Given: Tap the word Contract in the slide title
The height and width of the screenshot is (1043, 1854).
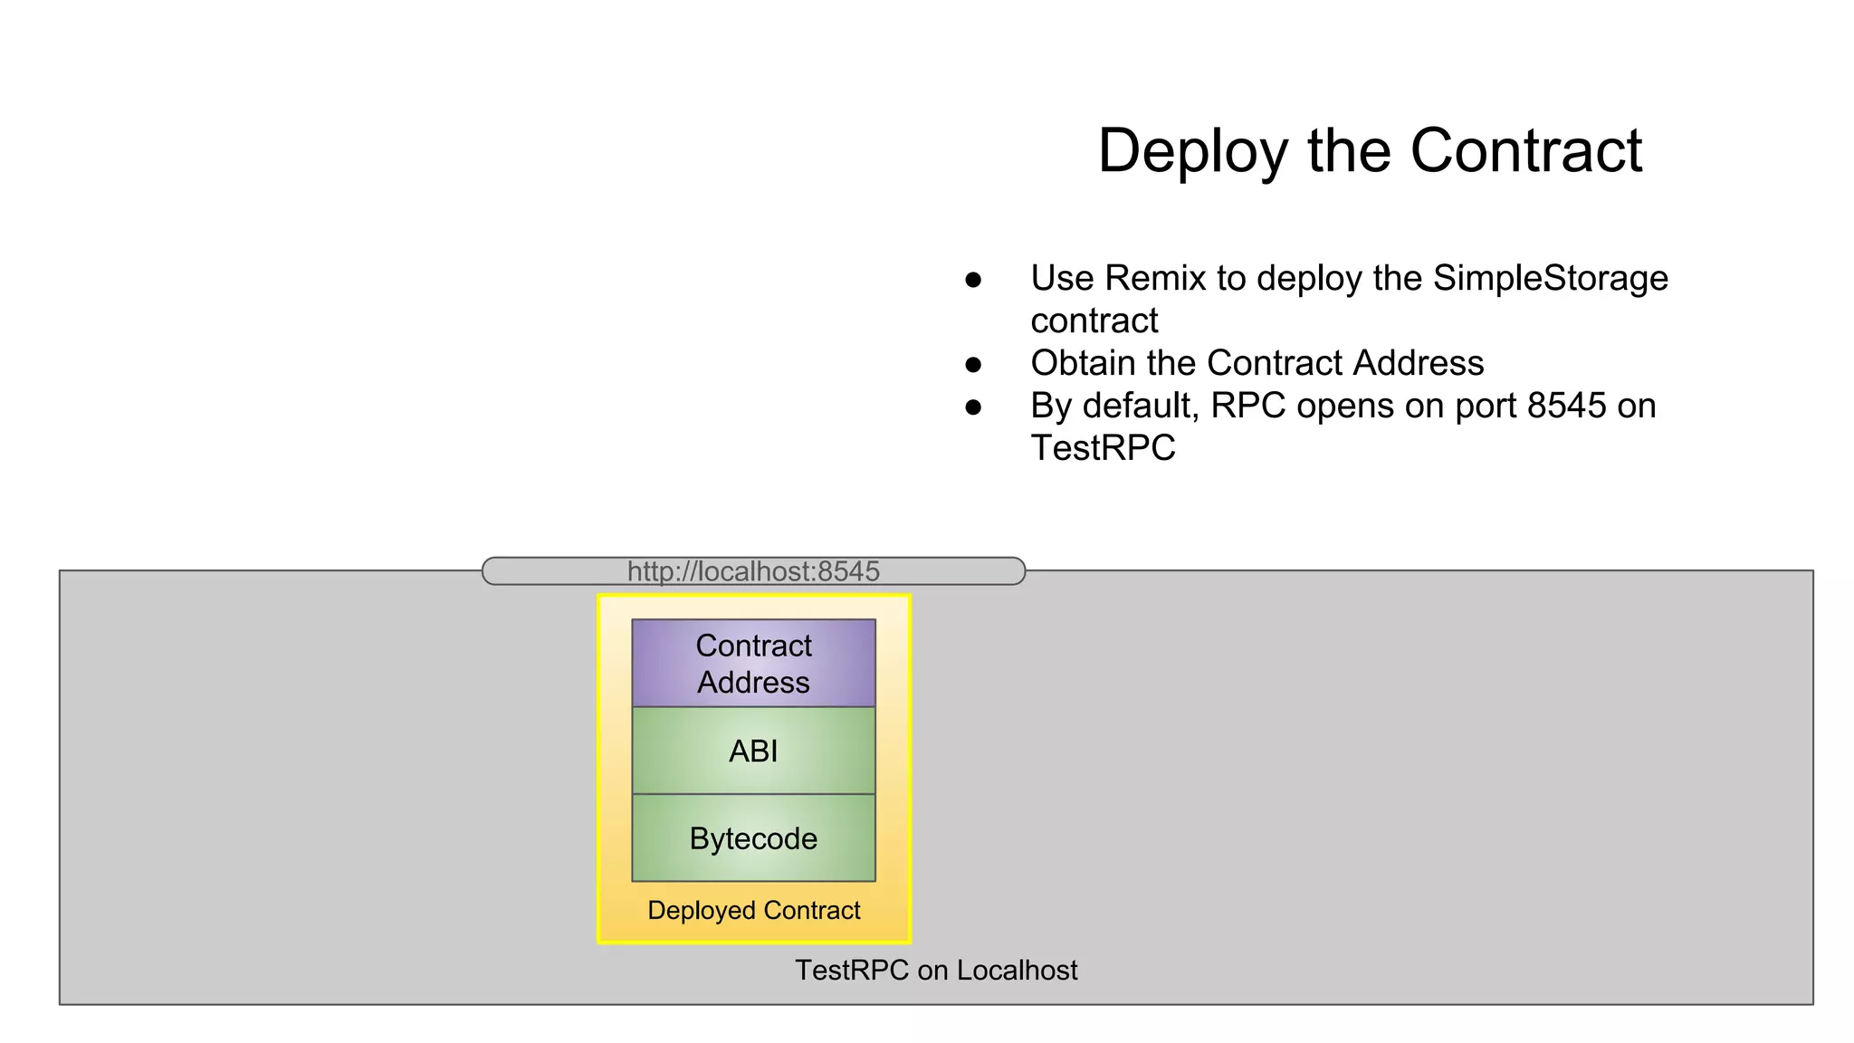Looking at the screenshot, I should pyautogui.click(x=1525, y=151).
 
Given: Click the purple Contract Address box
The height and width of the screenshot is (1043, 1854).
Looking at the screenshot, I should pyautogui.click(x=753, y=663).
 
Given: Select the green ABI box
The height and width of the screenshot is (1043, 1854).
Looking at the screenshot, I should pyautogui.click(x=753, y=751).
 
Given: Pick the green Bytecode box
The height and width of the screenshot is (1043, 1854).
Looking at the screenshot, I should pyautogui.click(x=753, y=838).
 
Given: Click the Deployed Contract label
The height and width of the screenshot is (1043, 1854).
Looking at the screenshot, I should pyautogui.click(x=753, y=910).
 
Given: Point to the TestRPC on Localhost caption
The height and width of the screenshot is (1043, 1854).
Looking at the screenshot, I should pyautogui.click(x=936, y=970).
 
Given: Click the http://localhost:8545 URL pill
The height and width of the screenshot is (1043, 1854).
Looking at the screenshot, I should pyautogui.click(x=753, y=571).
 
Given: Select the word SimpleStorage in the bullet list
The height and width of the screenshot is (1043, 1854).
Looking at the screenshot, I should pyautogui.click(x=1550, y=278).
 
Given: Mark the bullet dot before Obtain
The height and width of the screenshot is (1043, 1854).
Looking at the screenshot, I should pyautogui.click(x=973, y=365).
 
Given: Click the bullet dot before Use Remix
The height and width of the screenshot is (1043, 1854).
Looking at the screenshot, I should pyautogui.click(x=973, y=280).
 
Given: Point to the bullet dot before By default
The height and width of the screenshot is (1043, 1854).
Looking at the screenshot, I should pyautogui.click(x=973, y=407).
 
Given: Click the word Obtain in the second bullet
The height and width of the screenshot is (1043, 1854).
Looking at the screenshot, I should pyautogui.click(x=1083, y=363).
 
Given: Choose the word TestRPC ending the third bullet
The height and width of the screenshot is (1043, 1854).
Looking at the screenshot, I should pyautogui.click(x=1103, y=448).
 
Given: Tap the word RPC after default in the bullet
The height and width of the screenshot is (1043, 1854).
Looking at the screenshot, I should pyautogui.click(x=1247, y=406).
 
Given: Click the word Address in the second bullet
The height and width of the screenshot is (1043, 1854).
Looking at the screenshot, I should pyautogui.click(x=1418, y=363).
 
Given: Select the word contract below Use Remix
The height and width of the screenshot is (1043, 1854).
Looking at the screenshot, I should pyautogui.click(x=1094, y=321).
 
